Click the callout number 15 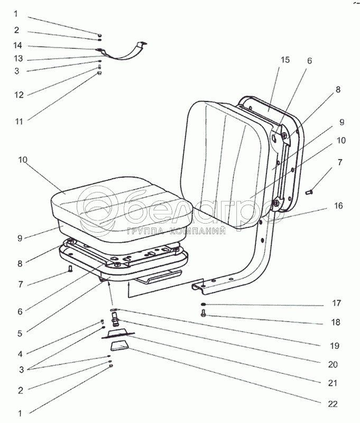[285, 60]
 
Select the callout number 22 [333, 404]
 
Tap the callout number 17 [336, 303]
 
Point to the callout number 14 [17, 45]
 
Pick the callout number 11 [19, 122]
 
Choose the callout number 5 [20, 334]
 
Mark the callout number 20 [333, 364]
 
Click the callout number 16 [338, 206]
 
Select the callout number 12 [19, 95]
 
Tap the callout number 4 [20, 354]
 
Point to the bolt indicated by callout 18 [204, 314]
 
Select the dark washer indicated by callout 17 [204, 305]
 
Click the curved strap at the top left [122, 52]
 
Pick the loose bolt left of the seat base [70, 269]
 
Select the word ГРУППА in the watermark [145, 231]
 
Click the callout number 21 [333, 383]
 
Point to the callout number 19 [335, 346]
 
